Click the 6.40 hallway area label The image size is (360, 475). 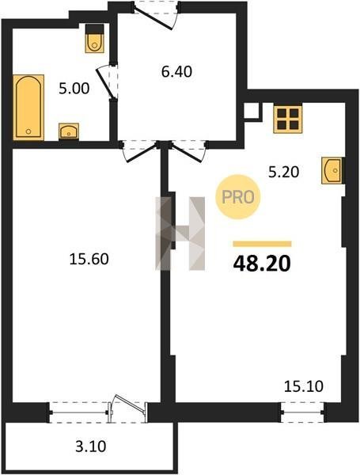[x=176, y=72]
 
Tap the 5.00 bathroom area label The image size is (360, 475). [x=74, y=89]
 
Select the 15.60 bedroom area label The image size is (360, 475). [x=89, y=260]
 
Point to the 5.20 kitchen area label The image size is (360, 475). [x=284, y=172]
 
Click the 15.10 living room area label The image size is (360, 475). [x=304, y=386]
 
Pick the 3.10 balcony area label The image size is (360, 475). [x=90, y=446]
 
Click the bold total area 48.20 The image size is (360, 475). [x=262, y=264]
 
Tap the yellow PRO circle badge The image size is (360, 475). [x=237, y=197]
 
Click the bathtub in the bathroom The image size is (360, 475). [x=28, y=107]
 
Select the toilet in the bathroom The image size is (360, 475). [x=95, y=39]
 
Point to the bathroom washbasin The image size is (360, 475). [x=69, y=131]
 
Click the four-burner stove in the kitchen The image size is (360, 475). [x=288, y=120]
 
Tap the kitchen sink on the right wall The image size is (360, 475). [x=333, y=170]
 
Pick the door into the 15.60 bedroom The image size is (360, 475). [x=140, y=151]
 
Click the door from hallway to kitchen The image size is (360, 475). [x=188, y=151]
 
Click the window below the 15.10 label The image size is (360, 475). [x=302, y=412]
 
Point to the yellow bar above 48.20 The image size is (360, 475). [x=262, y=244]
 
